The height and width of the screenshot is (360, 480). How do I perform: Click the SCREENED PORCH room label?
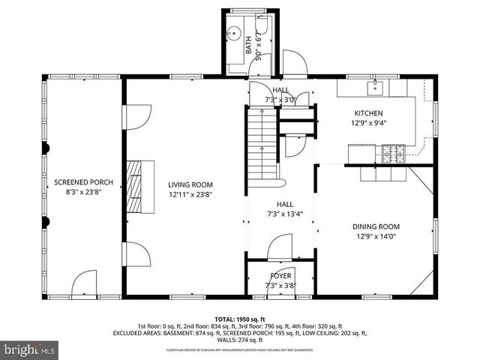83,182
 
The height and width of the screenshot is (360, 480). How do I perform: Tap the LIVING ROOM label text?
190,184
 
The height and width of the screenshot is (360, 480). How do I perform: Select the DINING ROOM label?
377,226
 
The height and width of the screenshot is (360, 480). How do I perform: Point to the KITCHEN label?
368,113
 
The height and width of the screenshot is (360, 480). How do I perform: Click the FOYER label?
280,275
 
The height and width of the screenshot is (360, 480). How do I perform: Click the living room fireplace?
139,186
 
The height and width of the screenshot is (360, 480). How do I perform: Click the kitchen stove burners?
392,154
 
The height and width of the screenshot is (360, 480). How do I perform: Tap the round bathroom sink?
233,34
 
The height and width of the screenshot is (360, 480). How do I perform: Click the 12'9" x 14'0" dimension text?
377,237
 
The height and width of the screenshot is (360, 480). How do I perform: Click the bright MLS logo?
29,349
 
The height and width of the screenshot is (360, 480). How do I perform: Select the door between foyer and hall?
280,249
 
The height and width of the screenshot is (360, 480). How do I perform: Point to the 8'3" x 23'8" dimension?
83,192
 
